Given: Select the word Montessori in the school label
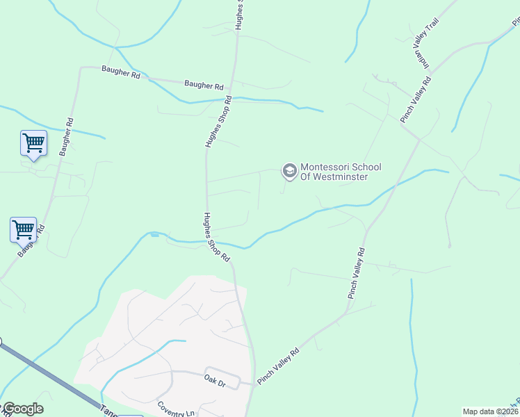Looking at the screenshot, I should pyautogui.click(x=325, y=167).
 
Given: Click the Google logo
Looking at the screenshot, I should pyautogui.click(x=22, y=409).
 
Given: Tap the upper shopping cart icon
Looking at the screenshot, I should pyautogui.click(x=33, y=143).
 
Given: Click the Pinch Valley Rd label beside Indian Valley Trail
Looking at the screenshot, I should pyautogui.click(x=416, y=100).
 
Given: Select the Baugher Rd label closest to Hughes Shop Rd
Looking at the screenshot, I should pyautogui.click(x=204, y=85).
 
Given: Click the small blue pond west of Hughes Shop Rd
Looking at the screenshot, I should pyautogui.click(x=154, y=235).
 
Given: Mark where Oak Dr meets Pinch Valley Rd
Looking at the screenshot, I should pyautogui.click(x=254, y=384).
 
